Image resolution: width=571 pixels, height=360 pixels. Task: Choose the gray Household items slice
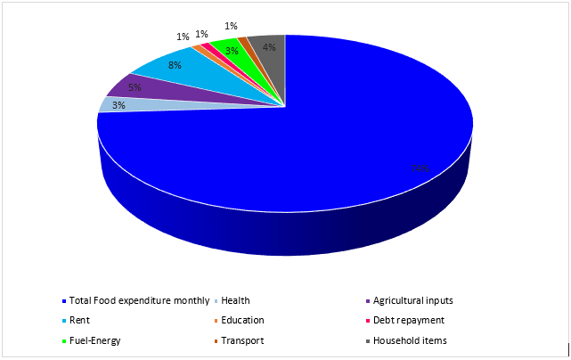pos(268,45)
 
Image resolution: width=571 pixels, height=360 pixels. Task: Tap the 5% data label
pos(135,87)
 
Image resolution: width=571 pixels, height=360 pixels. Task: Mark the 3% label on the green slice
pos(231,51)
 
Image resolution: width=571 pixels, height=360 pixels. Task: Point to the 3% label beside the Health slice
pos(118,105)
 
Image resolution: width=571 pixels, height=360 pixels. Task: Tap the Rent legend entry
pos(80,320)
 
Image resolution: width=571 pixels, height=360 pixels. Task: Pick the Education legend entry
pos(242,320)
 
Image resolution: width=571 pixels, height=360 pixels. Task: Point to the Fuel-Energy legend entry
pos(94,340)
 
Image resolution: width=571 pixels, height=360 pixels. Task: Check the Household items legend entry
pos(410,340)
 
